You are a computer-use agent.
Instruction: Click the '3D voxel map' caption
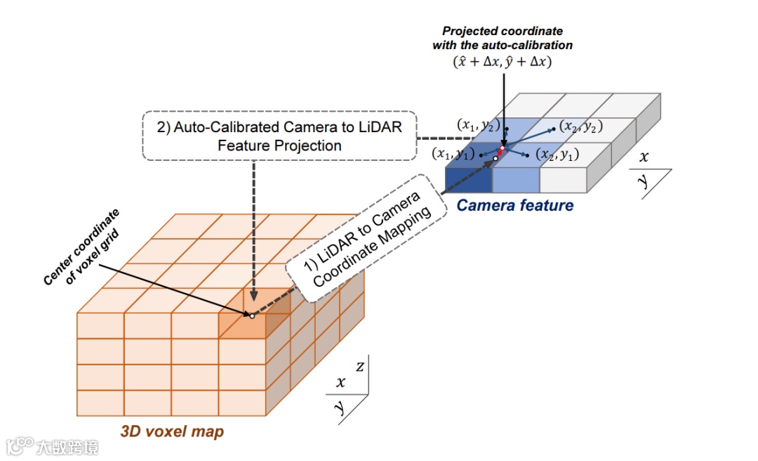172,431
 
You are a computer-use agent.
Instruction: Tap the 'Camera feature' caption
515,206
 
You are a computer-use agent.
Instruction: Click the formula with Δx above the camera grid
503,62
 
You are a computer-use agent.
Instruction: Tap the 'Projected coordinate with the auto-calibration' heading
503,38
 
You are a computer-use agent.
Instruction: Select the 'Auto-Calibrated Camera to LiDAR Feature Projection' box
279,136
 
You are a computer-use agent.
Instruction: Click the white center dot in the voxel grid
251,316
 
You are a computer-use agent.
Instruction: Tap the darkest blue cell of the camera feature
469,181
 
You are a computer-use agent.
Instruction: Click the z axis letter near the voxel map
359,366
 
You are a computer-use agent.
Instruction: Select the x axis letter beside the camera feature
644,157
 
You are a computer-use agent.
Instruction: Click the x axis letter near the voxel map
340,382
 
